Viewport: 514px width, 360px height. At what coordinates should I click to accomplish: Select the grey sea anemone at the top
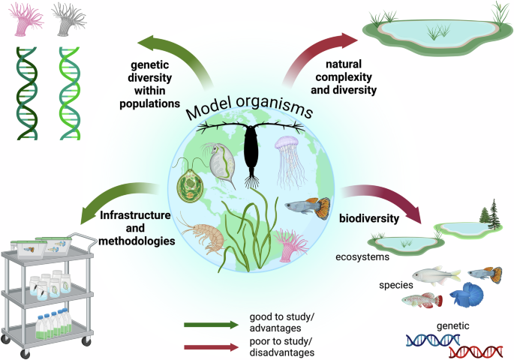coord(70,20)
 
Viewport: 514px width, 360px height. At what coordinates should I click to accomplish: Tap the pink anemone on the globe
coord(290,244)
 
